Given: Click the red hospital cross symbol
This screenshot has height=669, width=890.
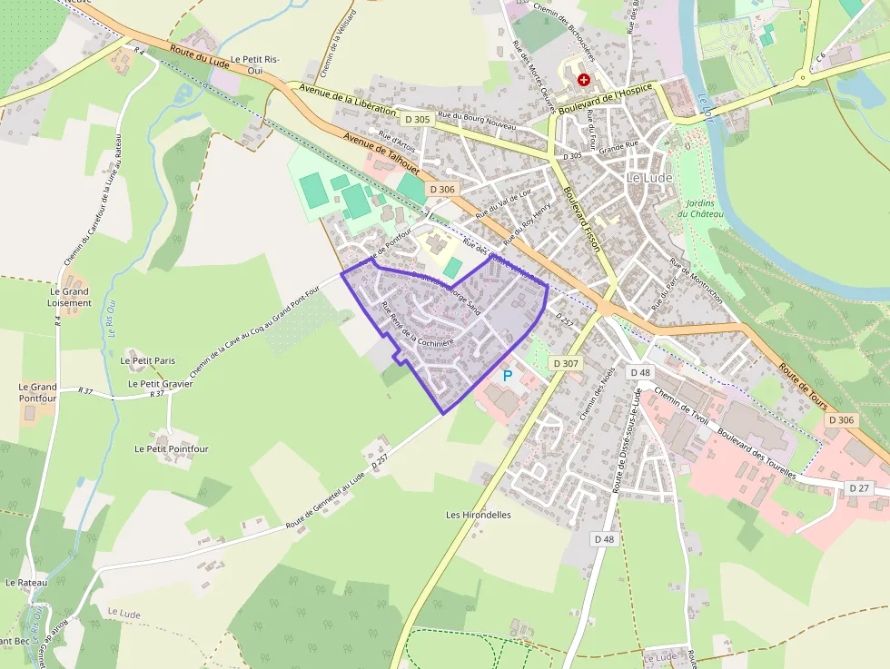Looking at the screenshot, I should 583,80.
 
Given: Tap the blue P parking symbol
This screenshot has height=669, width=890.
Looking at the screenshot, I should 508,375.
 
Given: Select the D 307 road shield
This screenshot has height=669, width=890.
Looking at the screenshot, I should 565,363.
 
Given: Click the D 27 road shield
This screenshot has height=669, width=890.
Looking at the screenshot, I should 859,488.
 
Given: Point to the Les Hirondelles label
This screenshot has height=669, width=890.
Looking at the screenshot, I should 479,515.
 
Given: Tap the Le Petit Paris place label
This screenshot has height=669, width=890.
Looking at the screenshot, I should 148,360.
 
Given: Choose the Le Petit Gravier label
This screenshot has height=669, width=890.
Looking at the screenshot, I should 160,384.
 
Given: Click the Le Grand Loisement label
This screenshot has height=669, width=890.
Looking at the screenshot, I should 70,297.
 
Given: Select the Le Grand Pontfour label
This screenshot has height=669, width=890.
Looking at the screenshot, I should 37,392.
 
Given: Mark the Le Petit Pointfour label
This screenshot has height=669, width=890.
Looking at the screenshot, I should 172,449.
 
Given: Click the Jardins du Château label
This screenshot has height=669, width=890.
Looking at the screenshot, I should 705,208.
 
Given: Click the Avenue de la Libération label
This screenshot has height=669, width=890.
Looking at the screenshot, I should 347,99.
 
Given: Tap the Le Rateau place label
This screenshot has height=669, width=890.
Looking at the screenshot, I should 25,583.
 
